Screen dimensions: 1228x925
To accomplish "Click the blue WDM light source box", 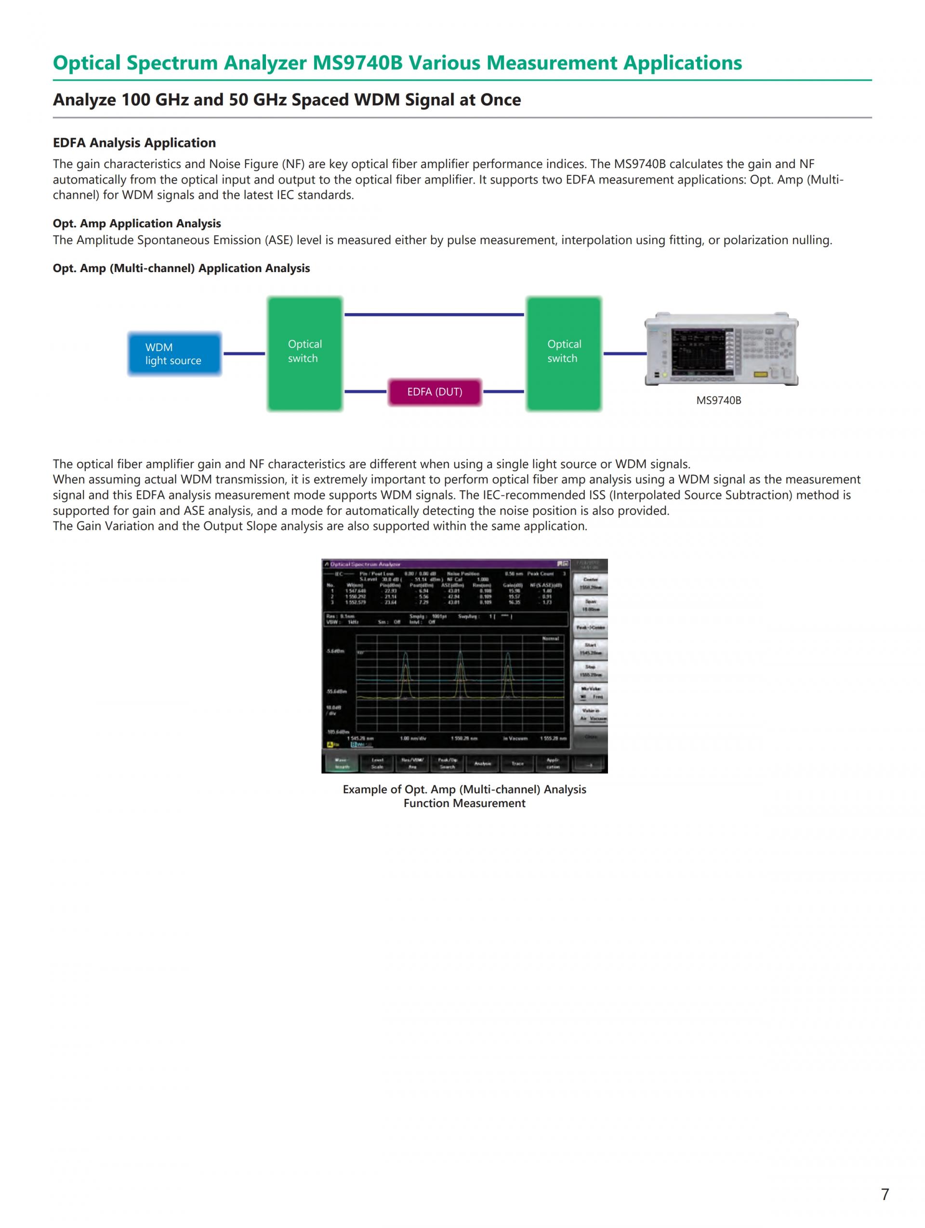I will point(174,353).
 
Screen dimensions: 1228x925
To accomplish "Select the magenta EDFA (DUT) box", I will point(434,392).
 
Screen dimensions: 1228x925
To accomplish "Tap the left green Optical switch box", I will point(304,353).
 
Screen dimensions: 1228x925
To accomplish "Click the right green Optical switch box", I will point(564,353).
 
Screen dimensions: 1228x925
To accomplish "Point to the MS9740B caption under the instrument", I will point(718,400).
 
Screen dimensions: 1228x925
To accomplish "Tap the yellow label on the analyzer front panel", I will point(760,375).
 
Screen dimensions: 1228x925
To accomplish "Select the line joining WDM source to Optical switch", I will point(244,353).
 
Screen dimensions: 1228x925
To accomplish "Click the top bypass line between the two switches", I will point(434,315).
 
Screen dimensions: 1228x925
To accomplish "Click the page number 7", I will point(885,1194).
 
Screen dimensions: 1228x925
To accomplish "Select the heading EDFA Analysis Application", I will point(134,143).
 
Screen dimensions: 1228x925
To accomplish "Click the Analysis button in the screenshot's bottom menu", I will point(482,763).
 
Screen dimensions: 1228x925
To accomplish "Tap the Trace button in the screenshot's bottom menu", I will point(517,763).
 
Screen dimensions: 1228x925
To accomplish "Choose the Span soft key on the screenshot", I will point(590,605).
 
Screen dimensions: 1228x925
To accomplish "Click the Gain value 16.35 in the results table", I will point(514,602).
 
